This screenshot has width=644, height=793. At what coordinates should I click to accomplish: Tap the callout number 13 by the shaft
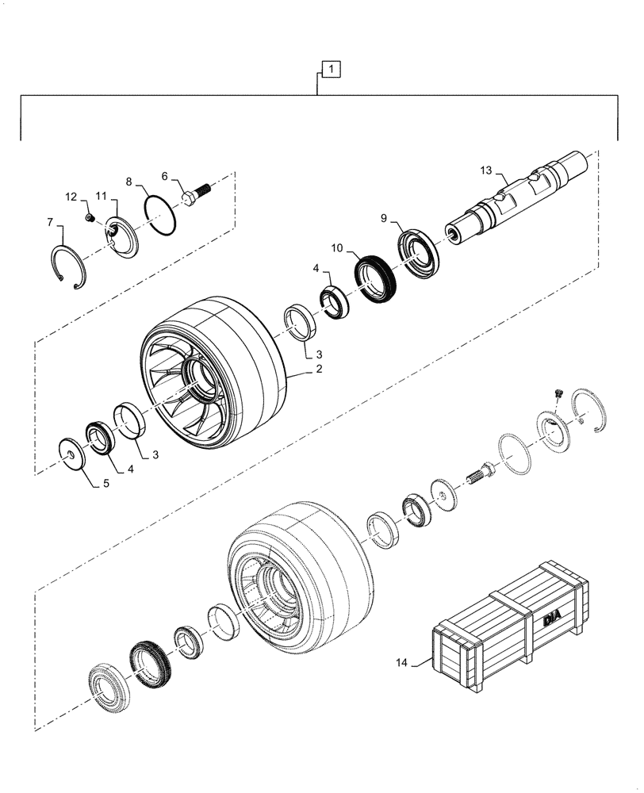click(486, 170)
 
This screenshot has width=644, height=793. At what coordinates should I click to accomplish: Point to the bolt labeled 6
click(195, 193)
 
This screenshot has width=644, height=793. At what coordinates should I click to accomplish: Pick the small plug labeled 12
click(90, 217)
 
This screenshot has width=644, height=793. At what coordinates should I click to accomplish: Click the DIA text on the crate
click(553, 619)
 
